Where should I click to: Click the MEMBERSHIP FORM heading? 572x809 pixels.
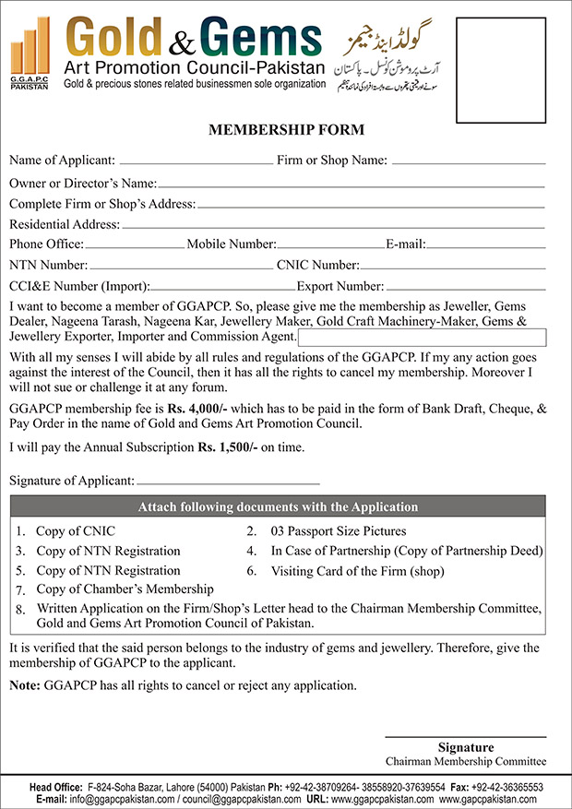click(286, 130)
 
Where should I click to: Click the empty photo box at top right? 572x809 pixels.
click(506, 65)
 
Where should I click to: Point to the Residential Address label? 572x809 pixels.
click(64, 224)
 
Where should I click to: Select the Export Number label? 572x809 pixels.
click(340, 286)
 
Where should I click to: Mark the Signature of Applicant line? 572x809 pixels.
click(228, 482)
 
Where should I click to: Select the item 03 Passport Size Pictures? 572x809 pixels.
click(338, 531)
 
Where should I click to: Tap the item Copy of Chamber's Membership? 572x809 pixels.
click(125, 589)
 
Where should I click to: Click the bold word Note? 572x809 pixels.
click(25, 685)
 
